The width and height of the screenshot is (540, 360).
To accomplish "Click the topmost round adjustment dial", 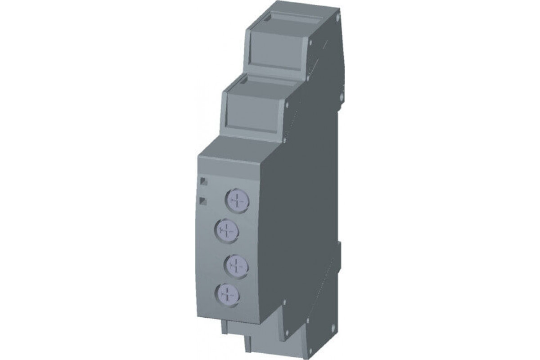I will click(237, 201).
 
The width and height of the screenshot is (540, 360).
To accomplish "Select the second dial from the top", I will click(226, 231).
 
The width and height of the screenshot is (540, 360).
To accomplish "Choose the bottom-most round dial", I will click(227, 295).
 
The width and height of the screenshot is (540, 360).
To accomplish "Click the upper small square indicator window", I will click(203, 181).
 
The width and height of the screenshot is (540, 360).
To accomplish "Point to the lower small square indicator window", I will click(203, 201).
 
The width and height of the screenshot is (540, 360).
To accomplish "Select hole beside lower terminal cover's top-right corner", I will click(287, 104).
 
